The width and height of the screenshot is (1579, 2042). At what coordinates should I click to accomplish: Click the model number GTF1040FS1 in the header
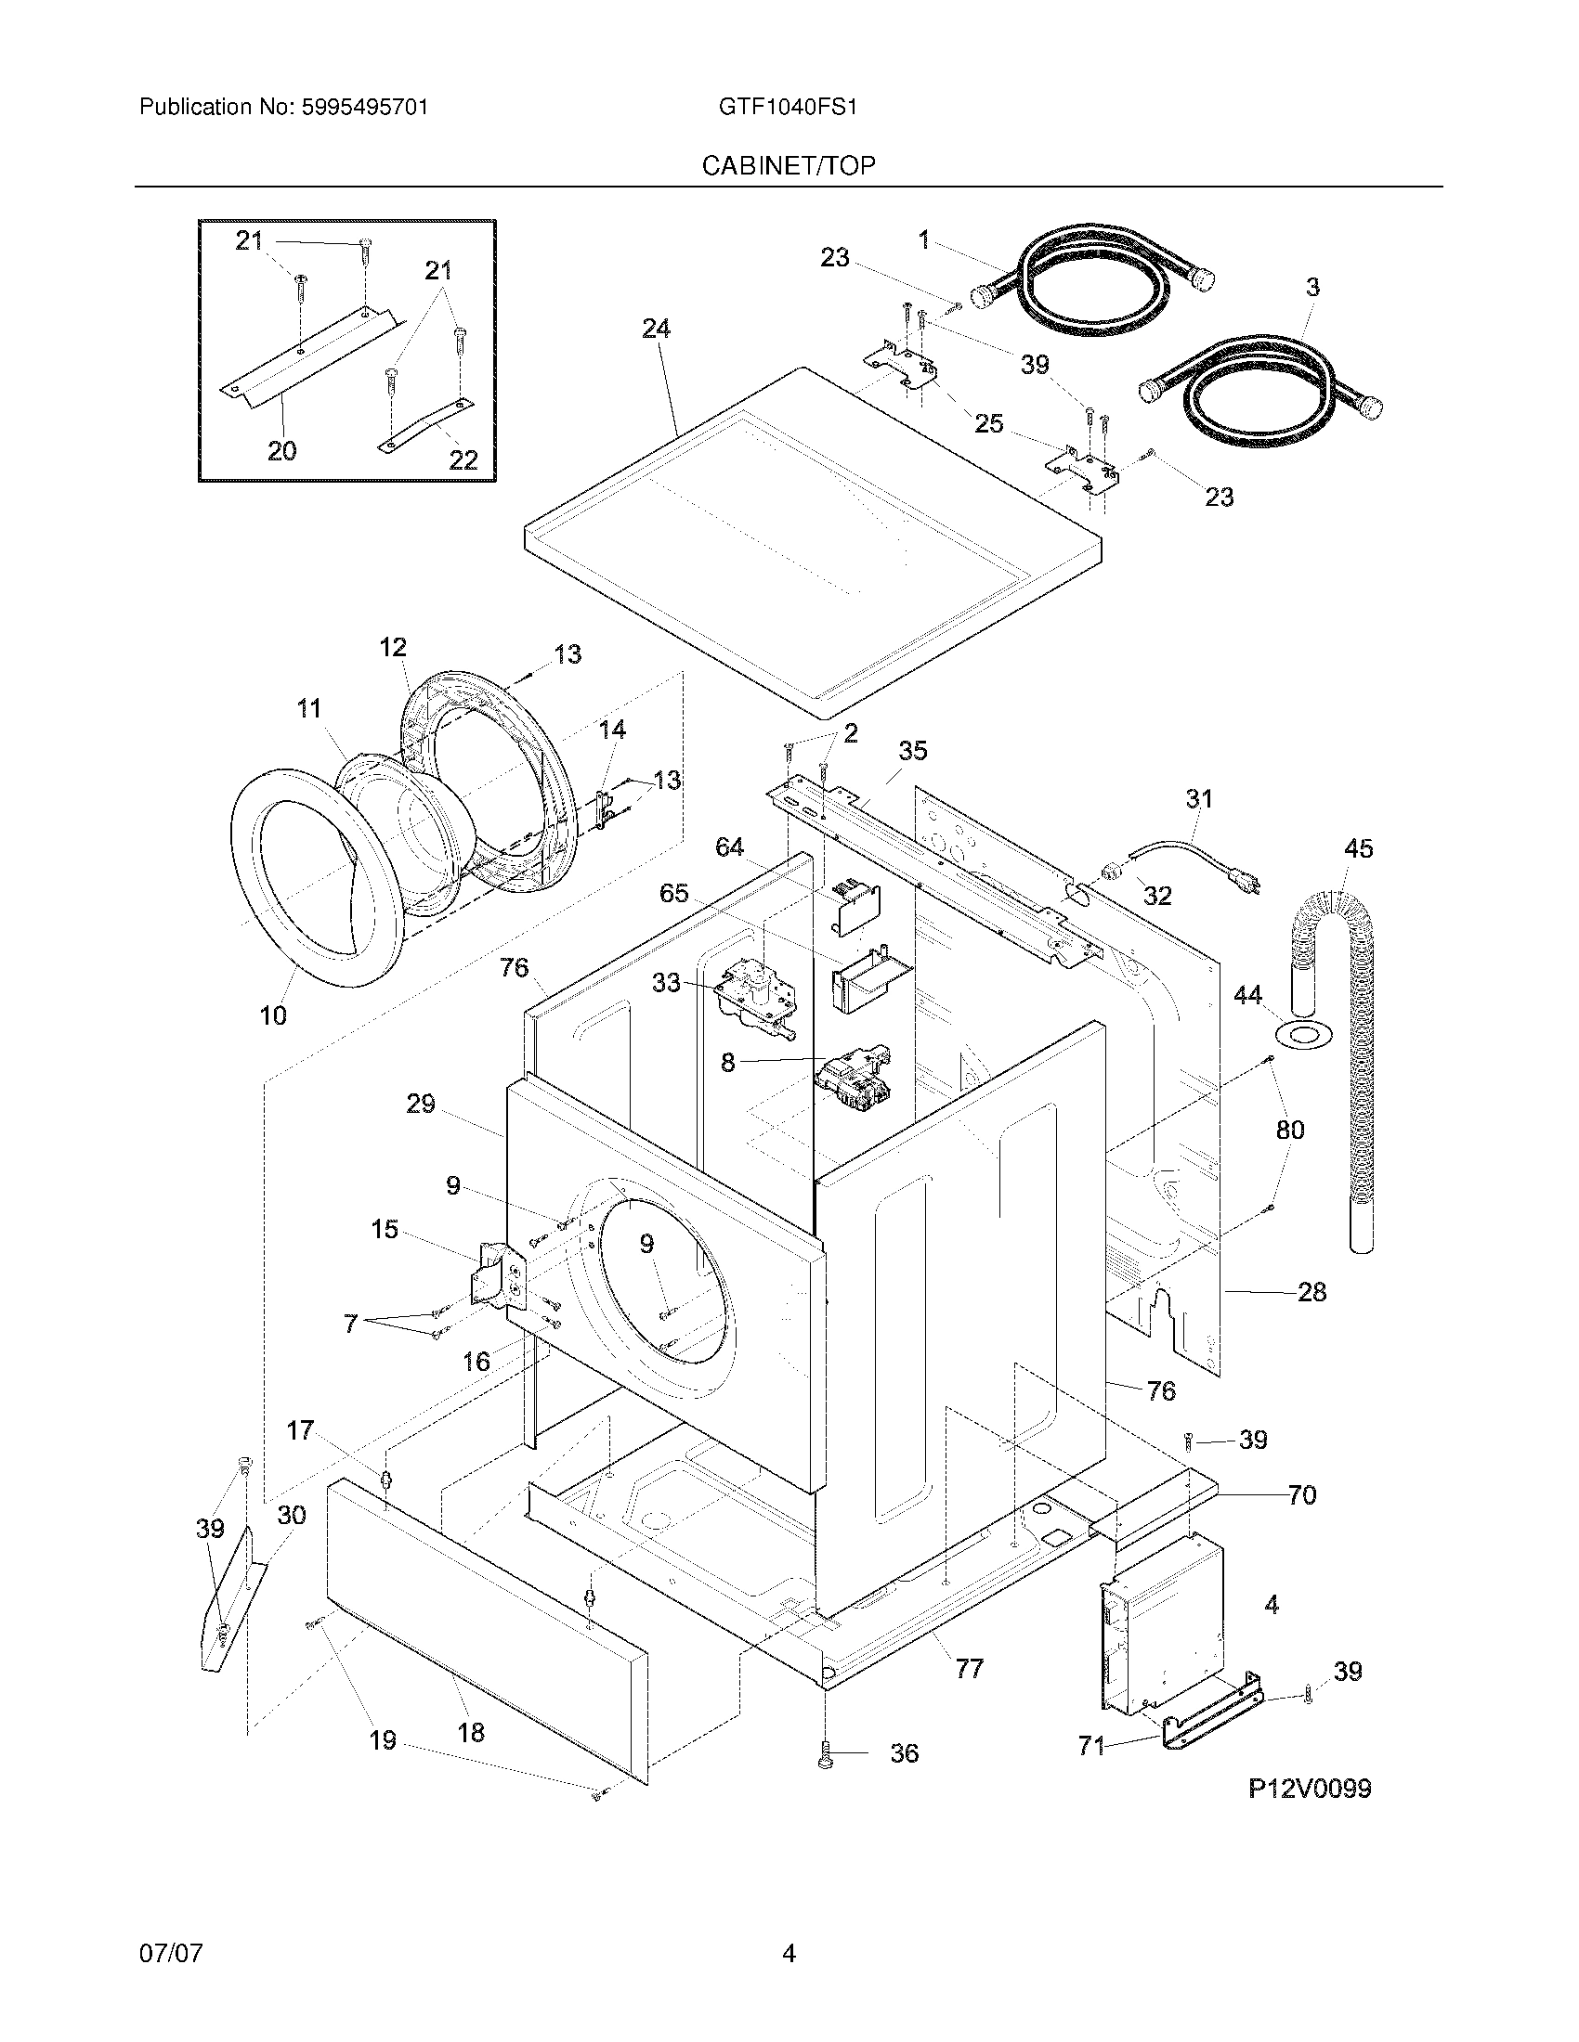[x=788, y=107]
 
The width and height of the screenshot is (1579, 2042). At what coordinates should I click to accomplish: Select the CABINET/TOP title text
[x=789, y=165]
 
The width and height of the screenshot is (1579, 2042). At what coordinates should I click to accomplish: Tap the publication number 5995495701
[x=365, y=107]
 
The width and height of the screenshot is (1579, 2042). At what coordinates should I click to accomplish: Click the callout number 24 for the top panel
[x=656, y=329]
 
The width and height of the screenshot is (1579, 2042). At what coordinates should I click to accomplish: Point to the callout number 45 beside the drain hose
[x=1358, y=848]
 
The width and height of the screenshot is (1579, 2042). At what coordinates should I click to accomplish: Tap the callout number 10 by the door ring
[x=272, y=1015]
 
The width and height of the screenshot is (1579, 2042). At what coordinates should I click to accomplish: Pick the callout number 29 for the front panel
[x=421, y=1104]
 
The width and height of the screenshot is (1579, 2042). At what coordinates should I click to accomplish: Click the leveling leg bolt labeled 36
[x=826, y=1753]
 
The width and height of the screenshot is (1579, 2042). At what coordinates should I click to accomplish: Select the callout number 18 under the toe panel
[x=471, y=1732]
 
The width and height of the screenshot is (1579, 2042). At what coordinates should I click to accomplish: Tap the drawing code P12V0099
[x=1310, y=1789]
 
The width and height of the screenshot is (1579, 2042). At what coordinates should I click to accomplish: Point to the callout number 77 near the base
[x=969, y=1668]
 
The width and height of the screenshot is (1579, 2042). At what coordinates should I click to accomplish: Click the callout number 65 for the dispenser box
[x=673, y=893]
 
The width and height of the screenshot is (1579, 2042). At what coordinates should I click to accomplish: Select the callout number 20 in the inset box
[x=281, y=451]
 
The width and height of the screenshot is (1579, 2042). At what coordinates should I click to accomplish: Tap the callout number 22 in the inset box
[x=463, y=459]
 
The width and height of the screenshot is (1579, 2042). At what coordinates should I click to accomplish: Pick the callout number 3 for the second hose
[x=1312, y=287]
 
